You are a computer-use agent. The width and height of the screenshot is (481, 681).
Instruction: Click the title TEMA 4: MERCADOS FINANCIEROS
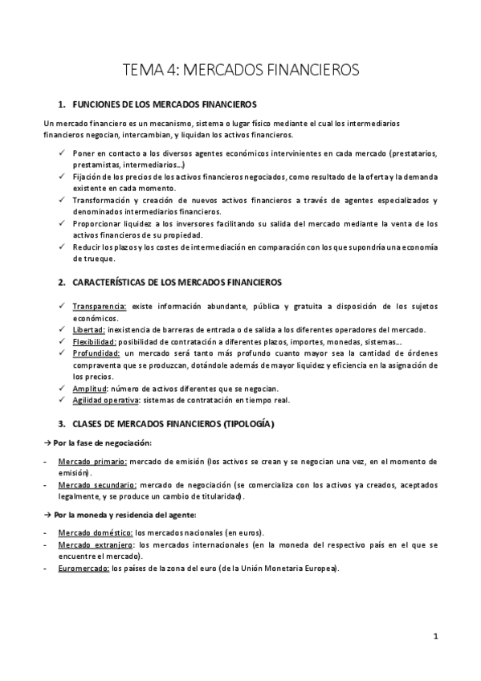click(240, 70)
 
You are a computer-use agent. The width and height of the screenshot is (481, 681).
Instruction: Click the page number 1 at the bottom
click(434, 638)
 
